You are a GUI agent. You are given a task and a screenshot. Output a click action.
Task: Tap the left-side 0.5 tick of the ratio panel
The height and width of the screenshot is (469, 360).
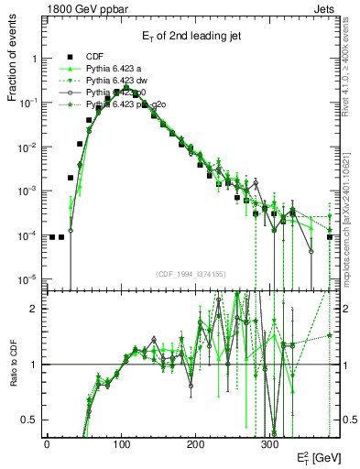point(27,420)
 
